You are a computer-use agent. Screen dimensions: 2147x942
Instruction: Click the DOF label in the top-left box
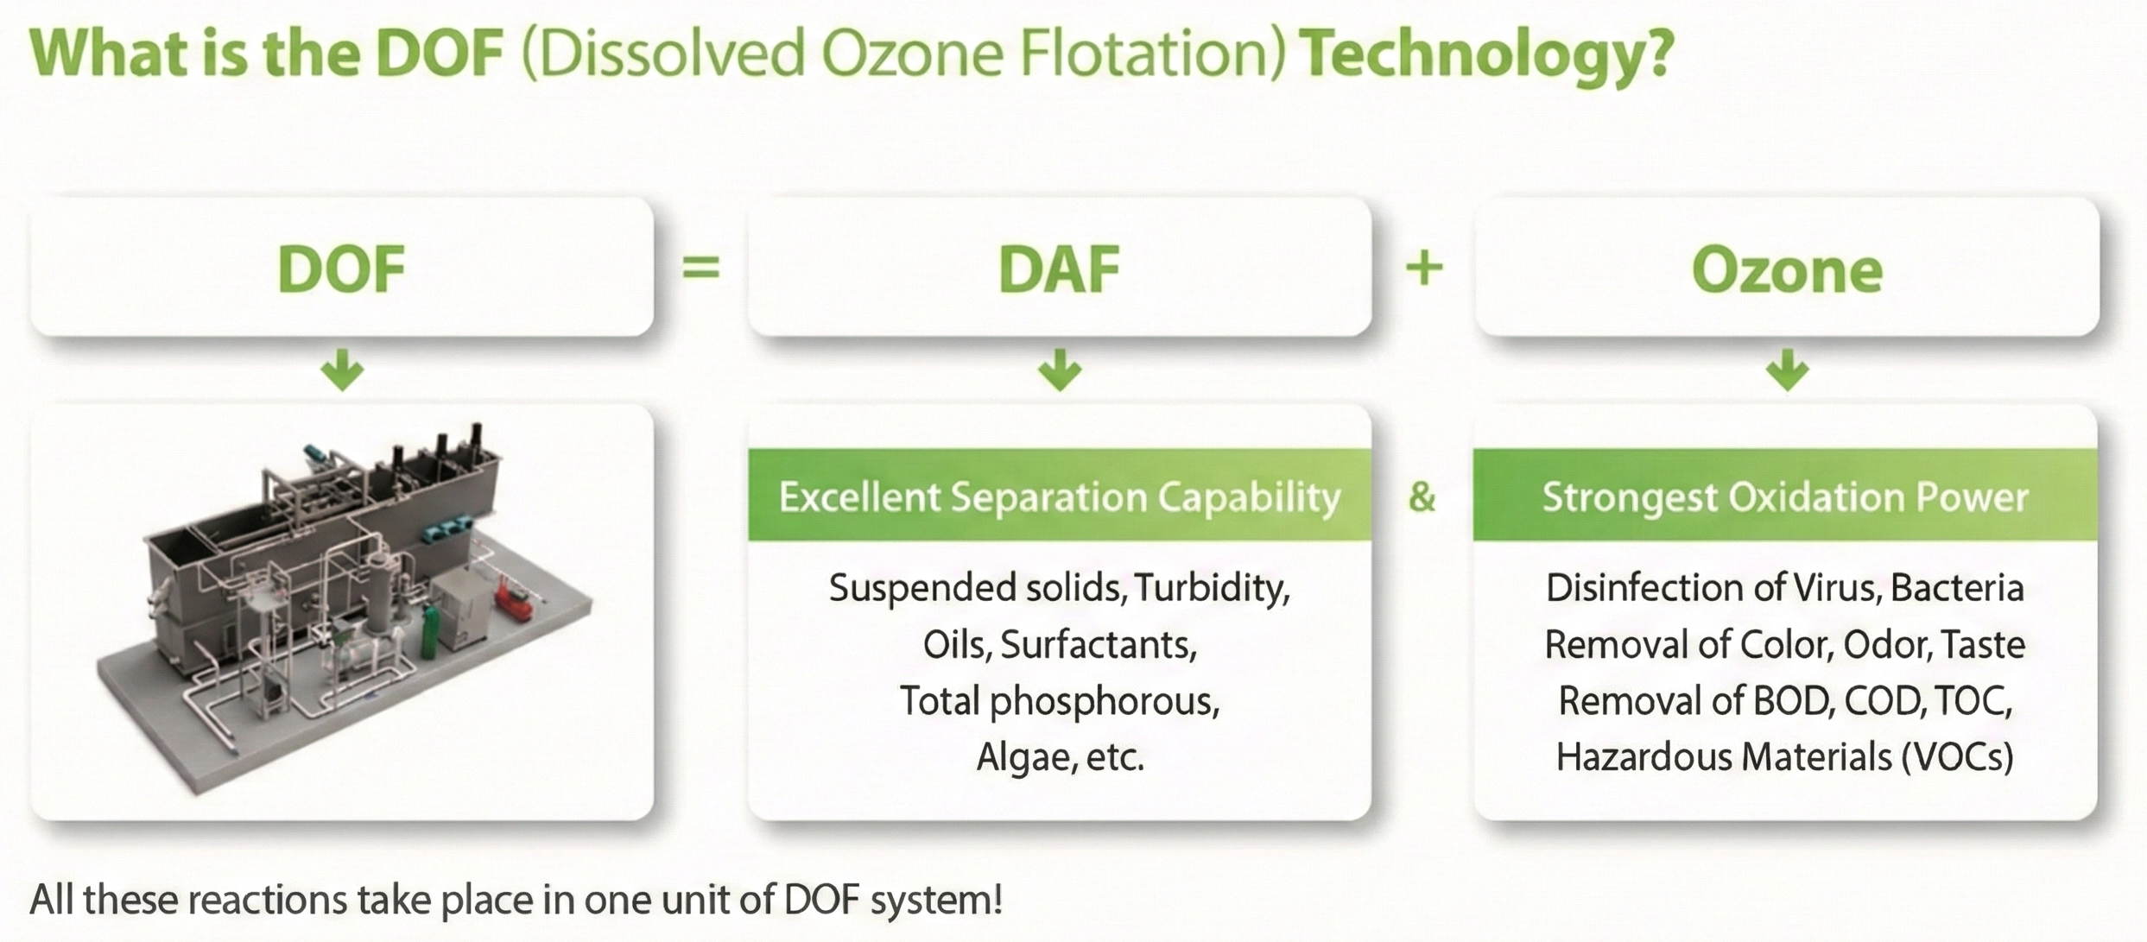pyautogui.click(x=342, y=269)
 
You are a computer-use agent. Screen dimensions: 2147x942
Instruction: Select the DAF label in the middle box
pyautogui.click(x=1059, y=269)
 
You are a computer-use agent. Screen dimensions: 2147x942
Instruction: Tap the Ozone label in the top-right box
pyautogui.click(x=1787, y=270)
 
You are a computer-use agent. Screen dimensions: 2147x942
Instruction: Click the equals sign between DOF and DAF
pyautogui.click(x=700, y=267)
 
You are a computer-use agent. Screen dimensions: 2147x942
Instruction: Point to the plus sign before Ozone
pyautogui.click(x=1424, y=267)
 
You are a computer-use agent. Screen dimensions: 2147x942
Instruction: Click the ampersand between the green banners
pyautogui.click(x=1422, y=496)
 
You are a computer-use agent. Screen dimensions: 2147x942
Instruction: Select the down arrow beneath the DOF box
pyautogui.click(x=342, y=370)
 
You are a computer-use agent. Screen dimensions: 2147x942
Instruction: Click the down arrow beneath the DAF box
pyautogui.click(x=1060, y=370)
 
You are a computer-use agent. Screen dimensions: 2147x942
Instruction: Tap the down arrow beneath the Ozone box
pyautogui.click(x=1787, y=370)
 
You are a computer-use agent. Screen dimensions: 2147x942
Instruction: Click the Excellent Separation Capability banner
pyautogui.click(x=1060, y=495)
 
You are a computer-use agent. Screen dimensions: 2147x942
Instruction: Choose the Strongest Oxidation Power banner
pyautogui.click(x=1785, y=495)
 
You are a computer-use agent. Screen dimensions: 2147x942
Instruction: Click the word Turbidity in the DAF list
pyautogui.click(x=1212, y=589)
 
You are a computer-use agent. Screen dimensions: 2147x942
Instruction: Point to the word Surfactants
pyautogui.click(x=1099, y=645)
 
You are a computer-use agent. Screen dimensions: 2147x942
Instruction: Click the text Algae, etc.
pyautogui.click(x=1060, y=757)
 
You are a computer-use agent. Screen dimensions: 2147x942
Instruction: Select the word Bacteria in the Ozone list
pyautogui.click(x=1957, y=588)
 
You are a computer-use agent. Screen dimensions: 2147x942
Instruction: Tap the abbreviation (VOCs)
pyautogui.click(x=1958, y=757)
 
